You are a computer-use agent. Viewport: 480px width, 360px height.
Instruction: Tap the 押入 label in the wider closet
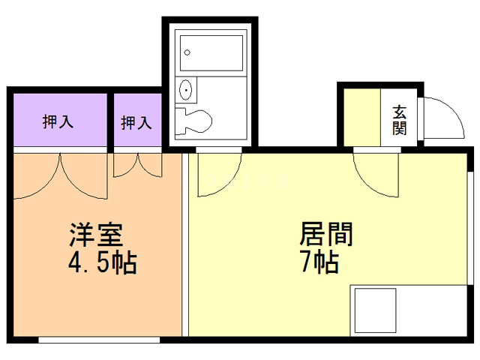click(x=58, y=121)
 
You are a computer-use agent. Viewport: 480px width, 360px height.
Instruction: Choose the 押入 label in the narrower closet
click(x=136, y=122)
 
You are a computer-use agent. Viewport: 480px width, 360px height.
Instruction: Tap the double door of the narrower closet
click(x=137, y=164)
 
